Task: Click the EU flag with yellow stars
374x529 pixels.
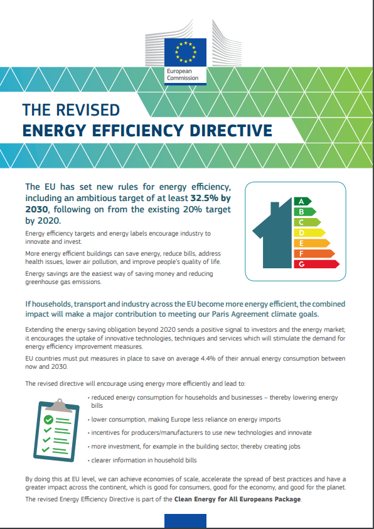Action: pyautogui.click(x=185, y=52)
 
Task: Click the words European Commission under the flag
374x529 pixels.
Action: pyautogui.click(x=183, y=75)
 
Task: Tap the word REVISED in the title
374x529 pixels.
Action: pyautogui.click(x=88, y=110)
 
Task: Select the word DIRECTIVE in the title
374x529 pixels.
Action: pyautogui.click(x=231, y=131)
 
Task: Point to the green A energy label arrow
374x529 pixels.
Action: pyautogui.click(x=302, y=202)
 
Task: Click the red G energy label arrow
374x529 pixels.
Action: pyautogui.click(x=316, y=264)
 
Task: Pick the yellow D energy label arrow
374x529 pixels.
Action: pyautogui.click(x=309, y=233)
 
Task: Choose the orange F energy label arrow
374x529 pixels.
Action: pyautogui.click(x=314, y=254)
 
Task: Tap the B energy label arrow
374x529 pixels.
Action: pyautogui.click(x=305, y=212)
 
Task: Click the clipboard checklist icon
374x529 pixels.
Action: pyautogui.click(x=56, y=429)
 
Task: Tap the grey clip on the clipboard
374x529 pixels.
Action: pyautogui.click(x=60, y=405)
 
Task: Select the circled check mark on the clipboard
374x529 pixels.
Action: pyautogui.click(x=48, y=420)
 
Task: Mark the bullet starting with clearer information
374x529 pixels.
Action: pyautogui.click(x=142, y=460)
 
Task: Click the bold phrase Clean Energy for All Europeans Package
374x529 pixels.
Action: pyautogui.click(x=238, y=499)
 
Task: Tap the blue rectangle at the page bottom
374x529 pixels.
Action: pyautogui.click(x=185, y=521)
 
